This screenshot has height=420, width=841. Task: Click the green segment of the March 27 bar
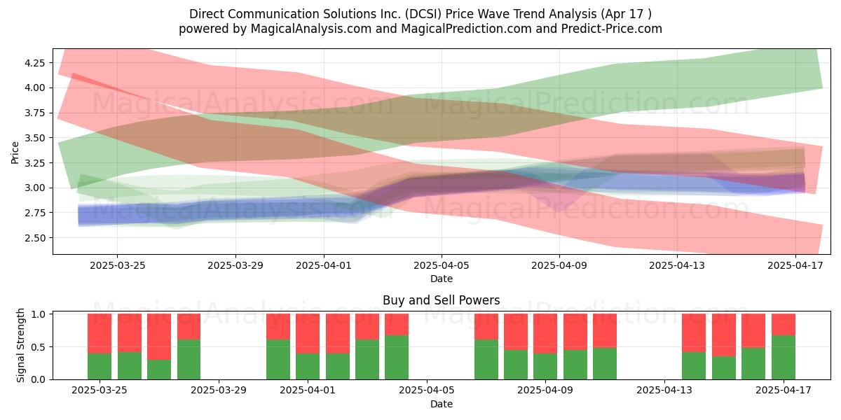tap(159, 370)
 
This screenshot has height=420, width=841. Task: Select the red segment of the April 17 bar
tap(784, 324)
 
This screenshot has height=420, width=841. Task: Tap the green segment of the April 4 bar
tap(397, 358)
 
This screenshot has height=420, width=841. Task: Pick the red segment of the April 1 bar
tap(308, 334)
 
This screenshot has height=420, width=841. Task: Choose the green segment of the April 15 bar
tap(724, 368)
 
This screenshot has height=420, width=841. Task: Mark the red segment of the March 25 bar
tap(100, 334)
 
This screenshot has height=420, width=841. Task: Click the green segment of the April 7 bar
tap(486, 360)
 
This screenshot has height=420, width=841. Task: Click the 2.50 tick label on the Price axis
tap(34, 238)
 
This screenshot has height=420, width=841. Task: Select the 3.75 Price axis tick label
tap(34, 113)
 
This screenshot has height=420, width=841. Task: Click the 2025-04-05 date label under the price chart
tap(442, 265)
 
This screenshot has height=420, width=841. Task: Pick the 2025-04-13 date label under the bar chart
tap(664, 391)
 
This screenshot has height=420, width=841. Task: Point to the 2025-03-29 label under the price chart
tap(235, 265)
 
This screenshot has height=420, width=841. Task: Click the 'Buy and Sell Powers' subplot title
tap(441, 300)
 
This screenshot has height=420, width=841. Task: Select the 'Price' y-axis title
tap(15, 153)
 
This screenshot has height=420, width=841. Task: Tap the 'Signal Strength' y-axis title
tap(20, 345)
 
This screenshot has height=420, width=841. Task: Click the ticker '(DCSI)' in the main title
tap(423, 14)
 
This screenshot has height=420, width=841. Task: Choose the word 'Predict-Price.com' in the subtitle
tap(612, 29)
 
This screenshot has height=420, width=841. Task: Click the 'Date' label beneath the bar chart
tap(442, 404)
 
